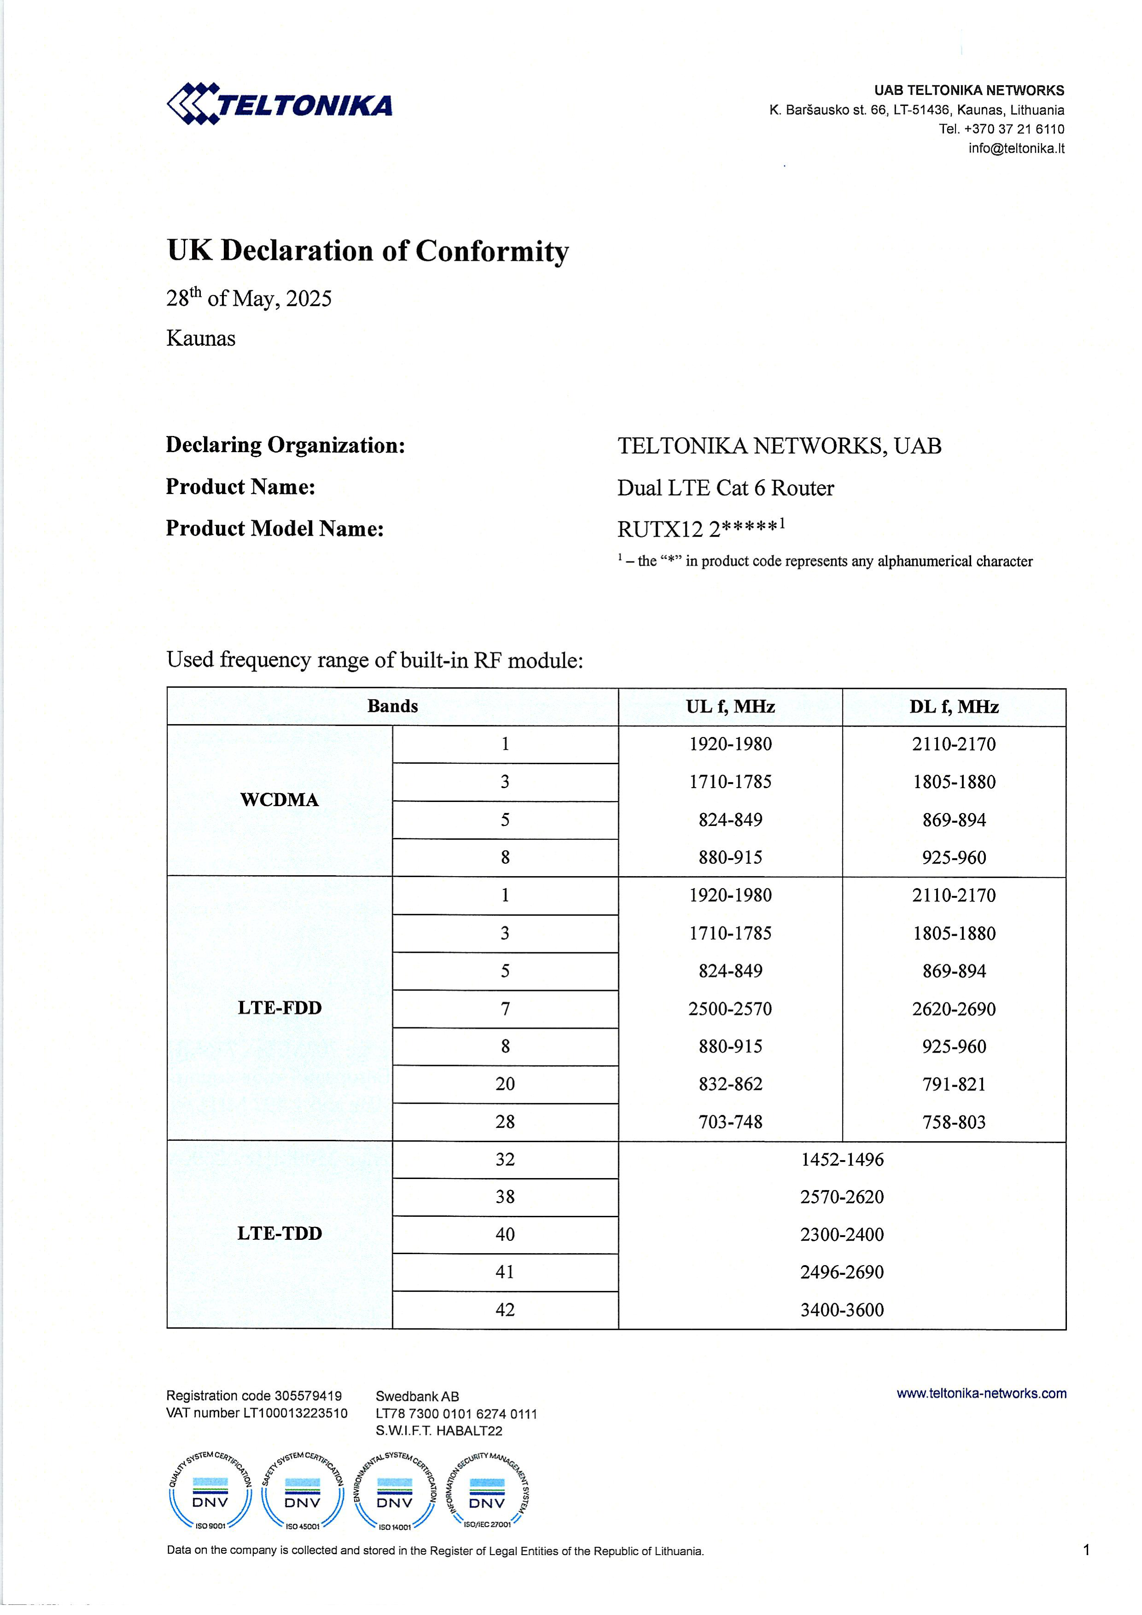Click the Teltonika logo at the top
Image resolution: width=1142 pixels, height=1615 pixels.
279,105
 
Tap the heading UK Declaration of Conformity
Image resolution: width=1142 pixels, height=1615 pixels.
367,251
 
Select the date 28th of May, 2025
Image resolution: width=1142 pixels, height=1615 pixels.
249,298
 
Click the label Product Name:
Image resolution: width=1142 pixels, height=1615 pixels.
240,487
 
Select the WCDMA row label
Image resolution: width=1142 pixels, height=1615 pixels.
279,800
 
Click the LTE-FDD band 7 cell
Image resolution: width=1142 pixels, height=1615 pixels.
505,1008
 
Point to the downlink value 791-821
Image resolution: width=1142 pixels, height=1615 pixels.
954,1084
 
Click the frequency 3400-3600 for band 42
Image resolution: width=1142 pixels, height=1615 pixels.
842,1310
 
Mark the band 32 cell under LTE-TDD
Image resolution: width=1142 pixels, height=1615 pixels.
505,1159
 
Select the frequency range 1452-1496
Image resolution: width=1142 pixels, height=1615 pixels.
842,1159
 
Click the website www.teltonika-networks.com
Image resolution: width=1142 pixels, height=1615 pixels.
981,1393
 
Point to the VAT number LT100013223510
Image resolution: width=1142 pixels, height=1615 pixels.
257,1413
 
